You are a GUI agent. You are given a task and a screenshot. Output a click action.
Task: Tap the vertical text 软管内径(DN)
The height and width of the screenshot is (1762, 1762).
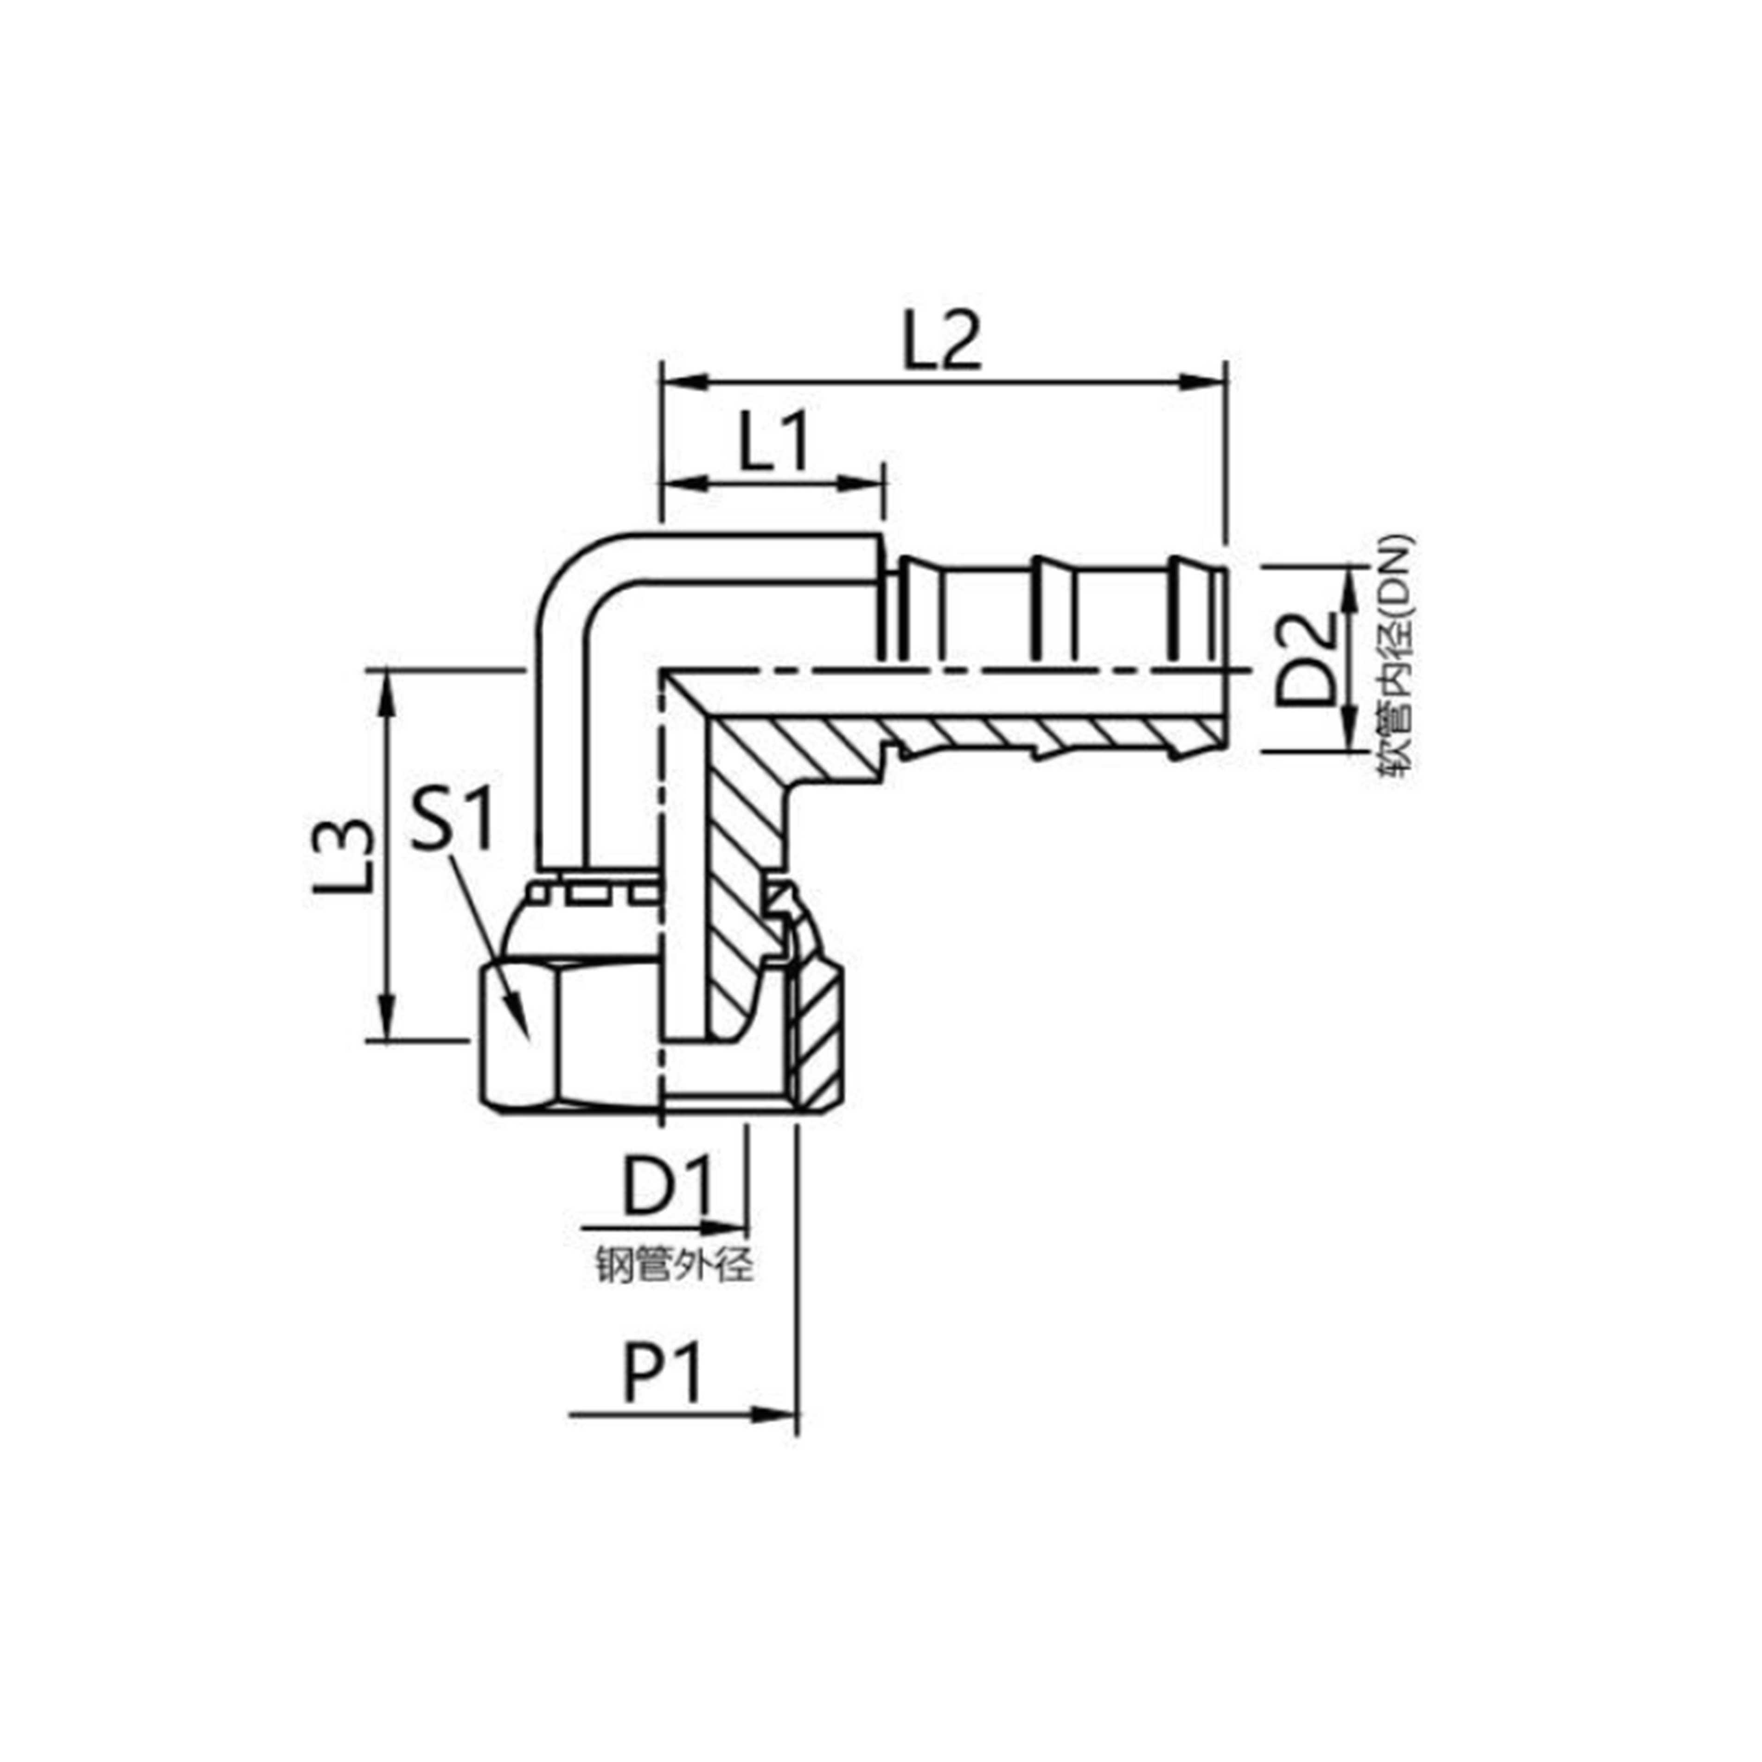click(1395, 654)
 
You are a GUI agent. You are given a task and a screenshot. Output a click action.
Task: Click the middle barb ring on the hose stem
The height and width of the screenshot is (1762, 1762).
click(1053, 606)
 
